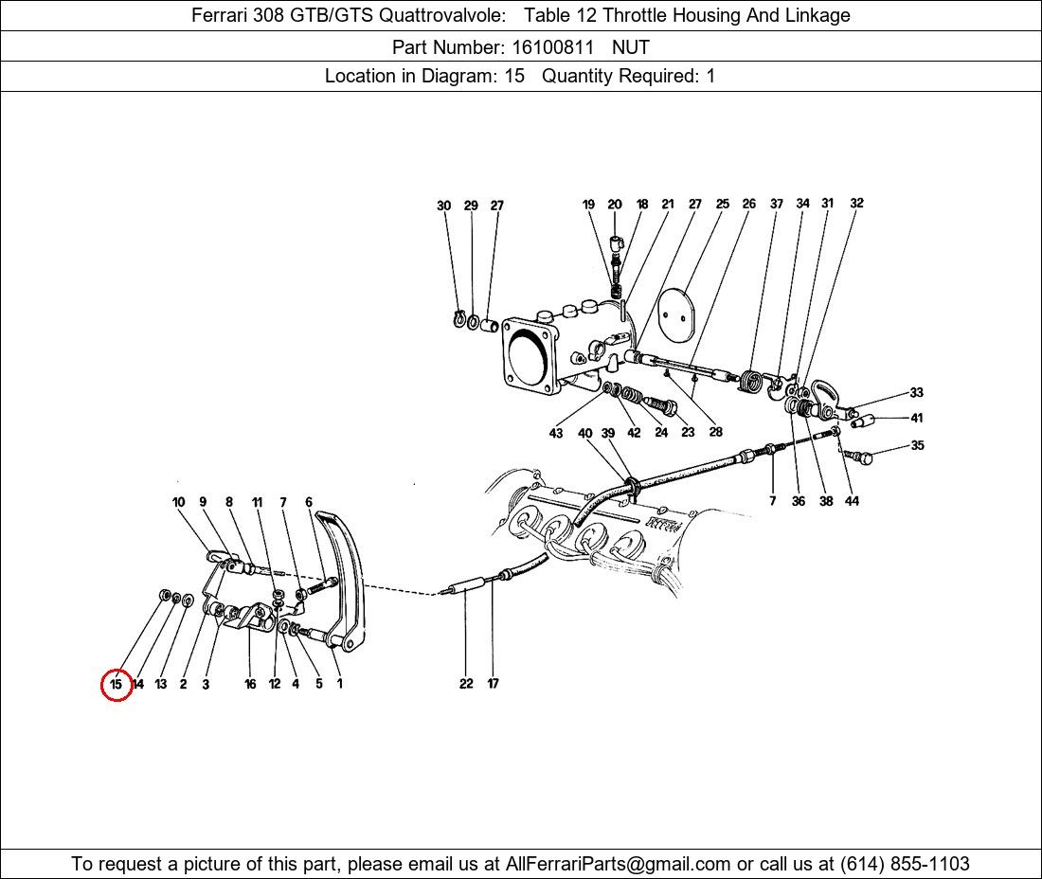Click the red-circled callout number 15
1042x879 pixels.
117,684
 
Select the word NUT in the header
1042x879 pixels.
631,47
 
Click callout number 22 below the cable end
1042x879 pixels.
466,683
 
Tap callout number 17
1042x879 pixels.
493,683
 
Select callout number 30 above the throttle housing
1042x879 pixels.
444,206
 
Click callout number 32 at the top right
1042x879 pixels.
856,203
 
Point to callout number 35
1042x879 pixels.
917,445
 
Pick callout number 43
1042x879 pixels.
555,433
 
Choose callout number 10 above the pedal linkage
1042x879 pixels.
178,502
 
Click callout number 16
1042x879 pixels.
250,684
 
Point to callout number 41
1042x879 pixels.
917,418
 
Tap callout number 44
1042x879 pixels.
852,501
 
